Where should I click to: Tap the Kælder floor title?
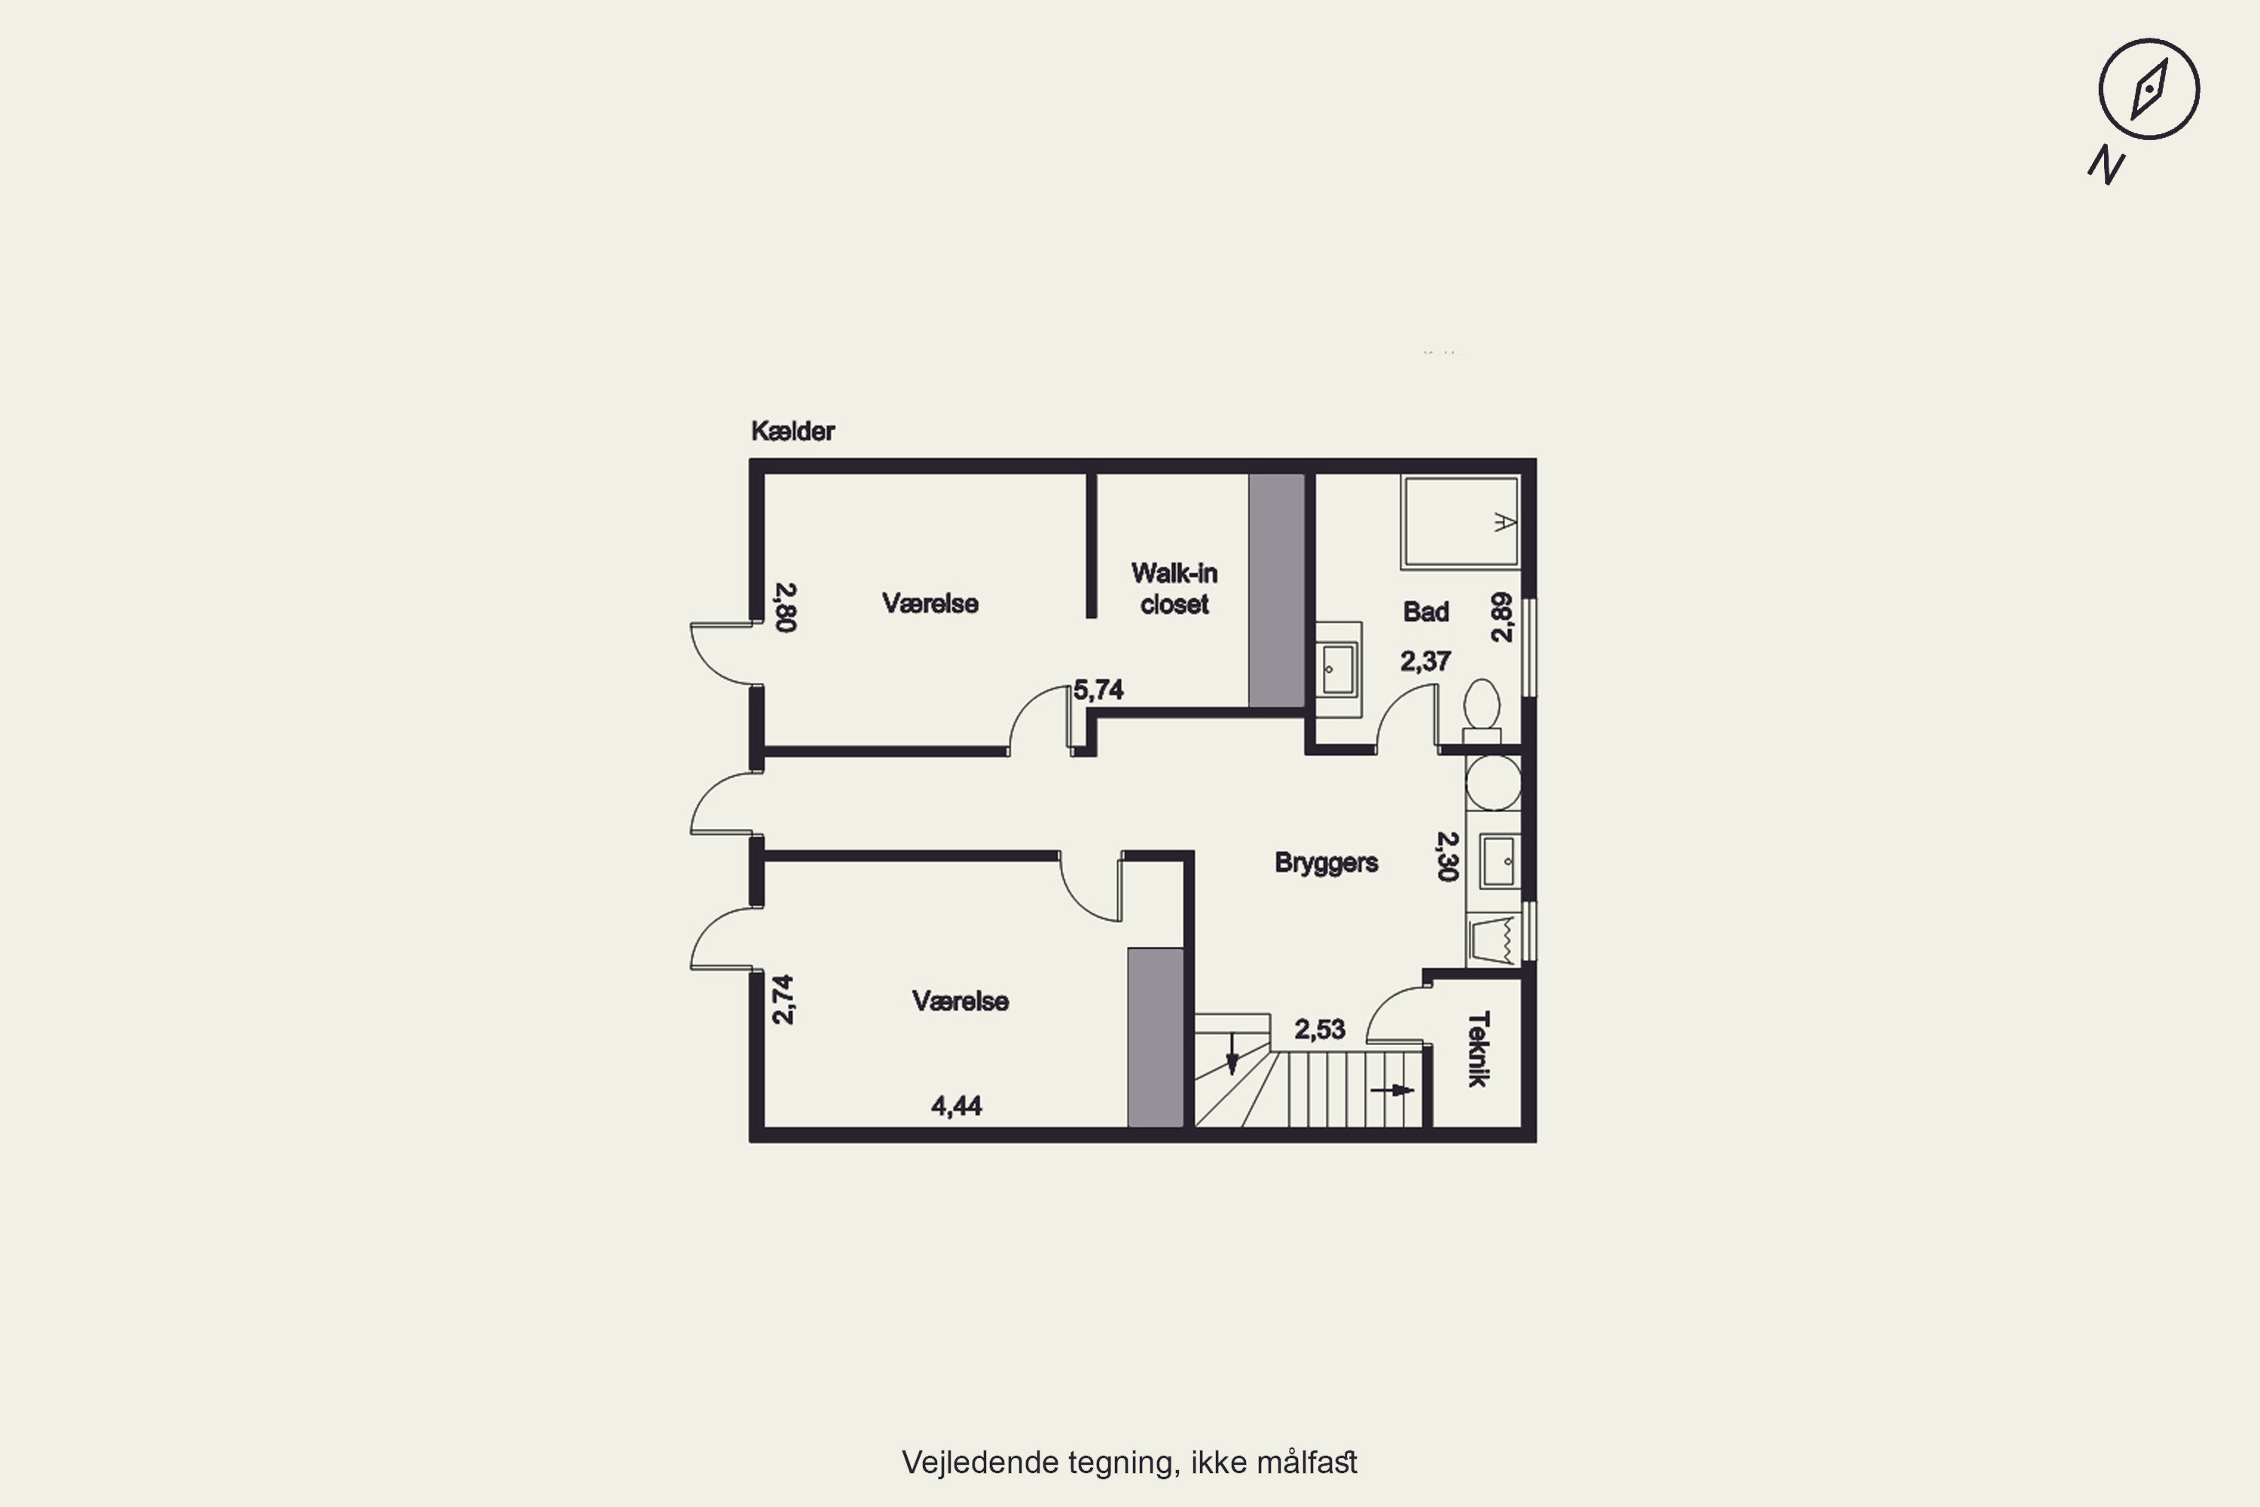(793, 432)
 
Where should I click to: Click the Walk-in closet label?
(1174, 588)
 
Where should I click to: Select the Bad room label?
(1426, 611)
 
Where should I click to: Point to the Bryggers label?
(1326, 863)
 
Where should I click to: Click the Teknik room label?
(1479, 1049)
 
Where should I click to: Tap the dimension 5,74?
(1098, 690)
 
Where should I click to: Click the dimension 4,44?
(956, 1106)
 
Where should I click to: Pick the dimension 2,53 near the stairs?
(1319, 1029)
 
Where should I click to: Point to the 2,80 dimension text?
(786, 607)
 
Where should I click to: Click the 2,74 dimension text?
(784, 1000)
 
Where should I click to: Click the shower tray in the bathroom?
(1461, 521)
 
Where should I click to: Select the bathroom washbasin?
(1339, 669)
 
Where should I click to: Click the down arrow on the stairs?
(1232, 1054)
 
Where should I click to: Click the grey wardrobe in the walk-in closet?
(1277, 590)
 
